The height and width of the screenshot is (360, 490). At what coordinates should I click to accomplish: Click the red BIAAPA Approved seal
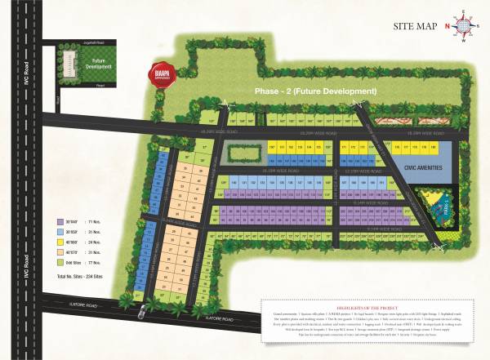tap(161, 73)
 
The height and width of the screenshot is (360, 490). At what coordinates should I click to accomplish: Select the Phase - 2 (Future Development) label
tap(315, 91)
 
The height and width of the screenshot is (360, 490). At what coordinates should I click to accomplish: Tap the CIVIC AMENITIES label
tap(423, 167)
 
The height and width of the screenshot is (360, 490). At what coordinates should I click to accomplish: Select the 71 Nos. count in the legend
tap(100, 221)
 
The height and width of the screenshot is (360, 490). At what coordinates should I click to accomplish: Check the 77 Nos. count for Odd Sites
tap(100, 262)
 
